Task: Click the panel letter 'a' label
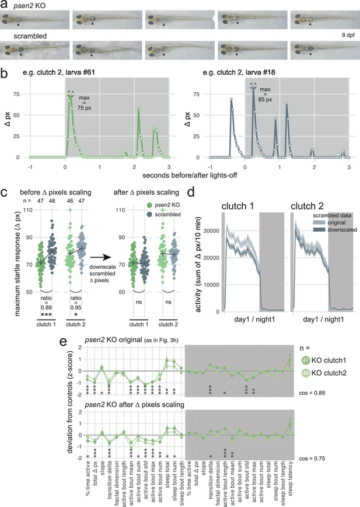5,5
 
